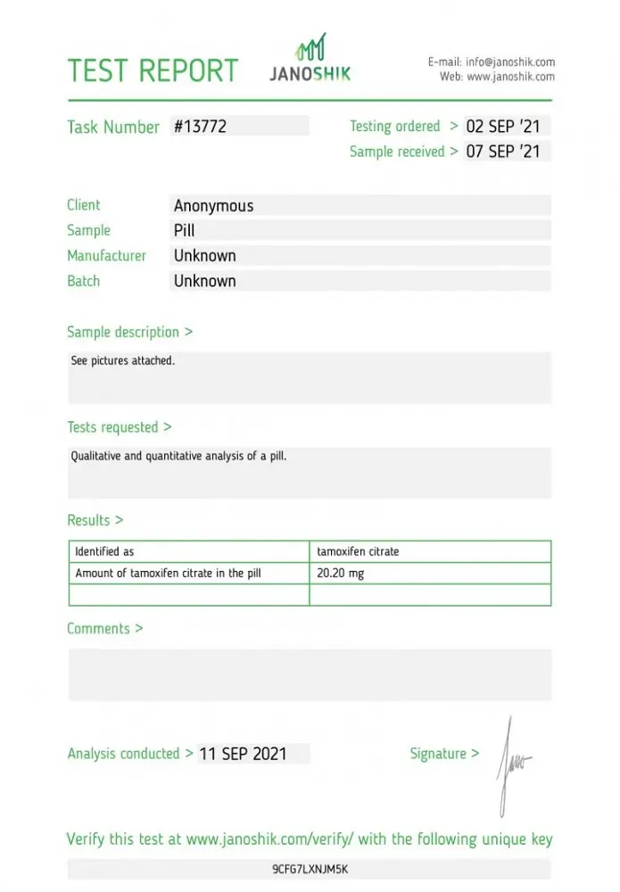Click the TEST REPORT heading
pos(153,71)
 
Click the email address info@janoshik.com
pos(510,62)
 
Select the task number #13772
pos(200,127)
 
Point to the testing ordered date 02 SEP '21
pos(503,127)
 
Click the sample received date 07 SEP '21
pos(503,152)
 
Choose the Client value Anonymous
pos(213,206)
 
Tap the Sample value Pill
pos(184,231)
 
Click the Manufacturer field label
pos(106,256)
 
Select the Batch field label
pos(84,281)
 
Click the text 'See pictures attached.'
pos(123,361)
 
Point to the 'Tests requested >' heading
pos(120,427)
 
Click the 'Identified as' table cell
pos(104,552)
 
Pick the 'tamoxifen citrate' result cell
pos(358,552)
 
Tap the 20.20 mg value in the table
pos(340,574)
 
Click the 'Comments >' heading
pos(104,629)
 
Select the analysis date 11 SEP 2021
pos(243,754)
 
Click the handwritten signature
pos(513,763)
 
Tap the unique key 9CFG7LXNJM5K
pos(310,869)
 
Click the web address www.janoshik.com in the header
pos(510,77)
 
